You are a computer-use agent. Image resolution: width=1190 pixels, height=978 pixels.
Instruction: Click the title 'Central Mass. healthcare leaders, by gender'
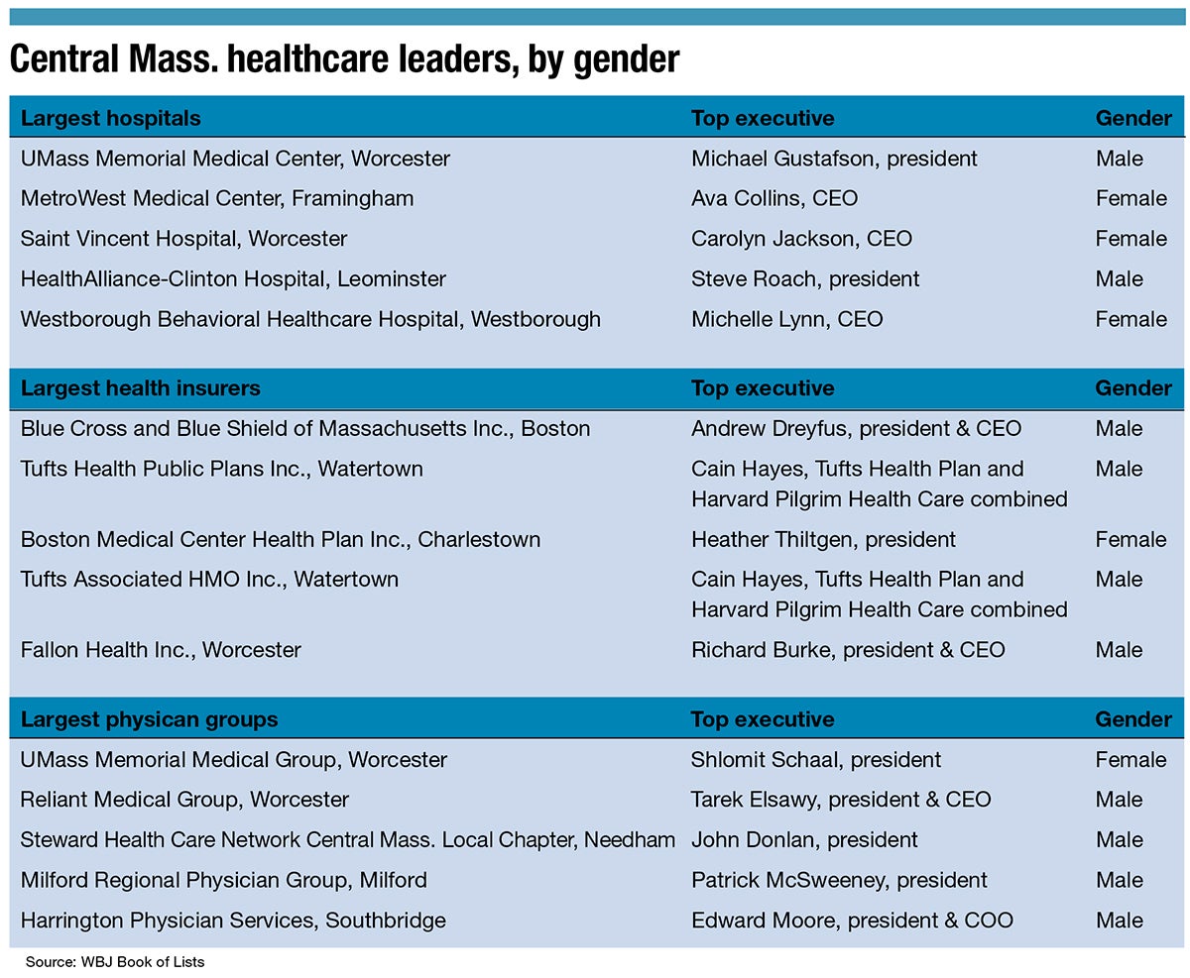pos(344,59)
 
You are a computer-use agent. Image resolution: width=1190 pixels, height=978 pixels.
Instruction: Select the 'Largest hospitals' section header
pos(110,119)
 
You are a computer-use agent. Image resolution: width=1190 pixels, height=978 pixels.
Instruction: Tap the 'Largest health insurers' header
pos(140,388)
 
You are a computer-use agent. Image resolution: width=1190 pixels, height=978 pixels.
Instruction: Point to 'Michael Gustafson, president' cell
pos(834,159)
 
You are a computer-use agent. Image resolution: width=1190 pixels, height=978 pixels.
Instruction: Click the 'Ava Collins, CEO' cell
pos(774,198)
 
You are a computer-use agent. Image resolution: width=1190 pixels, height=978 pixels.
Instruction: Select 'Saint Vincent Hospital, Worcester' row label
pos(183,239)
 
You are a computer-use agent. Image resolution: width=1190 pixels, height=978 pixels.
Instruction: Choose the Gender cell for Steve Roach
pos(1119,279)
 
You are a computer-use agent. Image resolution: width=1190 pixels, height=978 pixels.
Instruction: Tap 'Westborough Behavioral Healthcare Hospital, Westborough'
pos(310,319)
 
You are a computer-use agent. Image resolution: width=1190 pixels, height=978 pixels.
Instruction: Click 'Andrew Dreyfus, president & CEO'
pos(856,429)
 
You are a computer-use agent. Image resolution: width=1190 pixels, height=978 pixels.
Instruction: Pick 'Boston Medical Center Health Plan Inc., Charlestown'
pos(281,540)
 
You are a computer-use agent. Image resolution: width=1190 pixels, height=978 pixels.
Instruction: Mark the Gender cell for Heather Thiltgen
pos(1130,540)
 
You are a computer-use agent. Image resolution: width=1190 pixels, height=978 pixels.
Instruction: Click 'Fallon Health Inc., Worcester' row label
pos(161,650)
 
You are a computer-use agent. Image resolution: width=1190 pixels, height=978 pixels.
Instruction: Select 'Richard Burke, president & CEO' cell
pos(848,650)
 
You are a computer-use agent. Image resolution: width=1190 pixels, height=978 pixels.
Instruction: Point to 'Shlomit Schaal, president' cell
pos(816,760)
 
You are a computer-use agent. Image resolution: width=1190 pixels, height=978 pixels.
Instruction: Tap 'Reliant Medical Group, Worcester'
pos(184,800)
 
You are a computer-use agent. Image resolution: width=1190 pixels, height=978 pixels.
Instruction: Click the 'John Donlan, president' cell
pos(804,840)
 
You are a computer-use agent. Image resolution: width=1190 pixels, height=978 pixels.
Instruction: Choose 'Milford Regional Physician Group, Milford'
pos(223,880)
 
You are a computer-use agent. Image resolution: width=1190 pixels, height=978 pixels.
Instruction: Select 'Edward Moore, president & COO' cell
pos(852,921)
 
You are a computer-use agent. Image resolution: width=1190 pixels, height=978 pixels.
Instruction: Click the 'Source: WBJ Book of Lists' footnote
pos(115,962)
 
